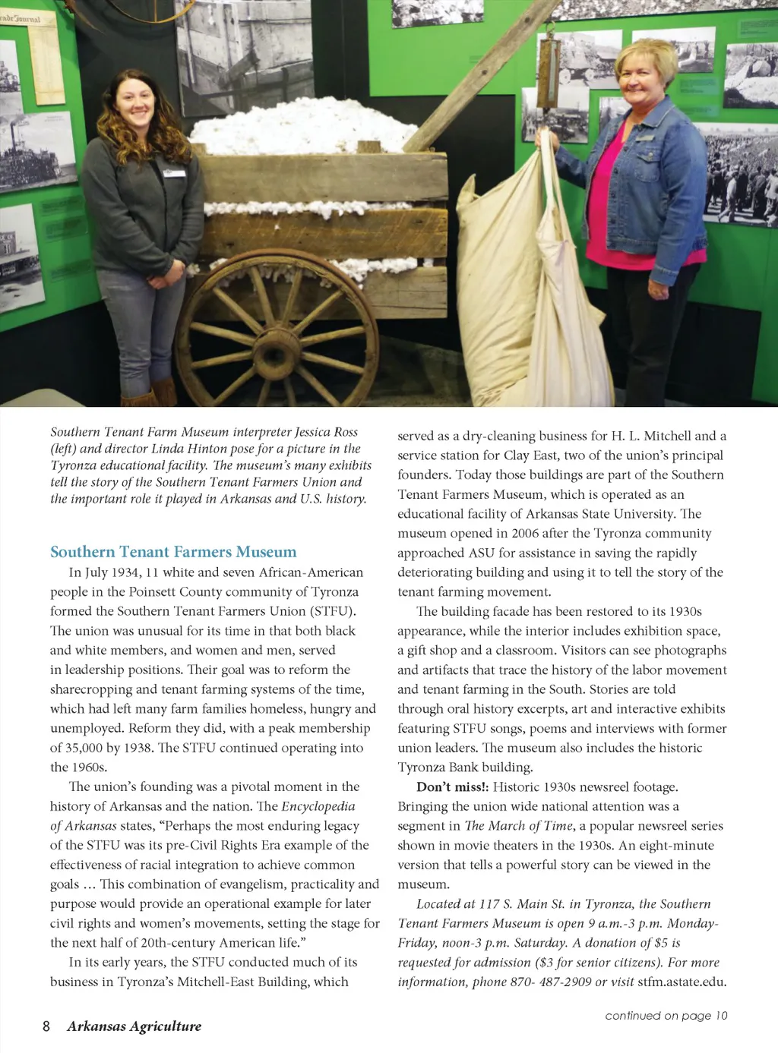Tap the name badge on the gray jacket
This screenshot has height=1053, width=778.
pos(174,172)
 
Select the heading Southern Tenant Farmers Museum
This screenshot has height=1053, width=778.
pos(173,552)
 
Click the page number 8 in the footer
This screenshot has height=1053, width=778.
pos(46,1026)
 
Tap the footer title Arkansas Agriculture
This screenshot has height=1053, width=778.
pos(134,1026)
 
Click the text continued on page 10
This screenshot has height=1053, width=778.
pos(666,1016)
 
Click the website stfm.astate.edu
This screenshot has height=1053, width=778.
pos(682,982)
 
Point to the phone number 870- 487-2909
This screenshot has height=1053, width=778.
pos(544,982)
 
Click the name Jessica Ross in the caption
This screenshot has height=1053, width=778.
pos(326,432)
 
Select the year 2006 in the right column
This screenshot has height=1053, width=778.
pos(525,534)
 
